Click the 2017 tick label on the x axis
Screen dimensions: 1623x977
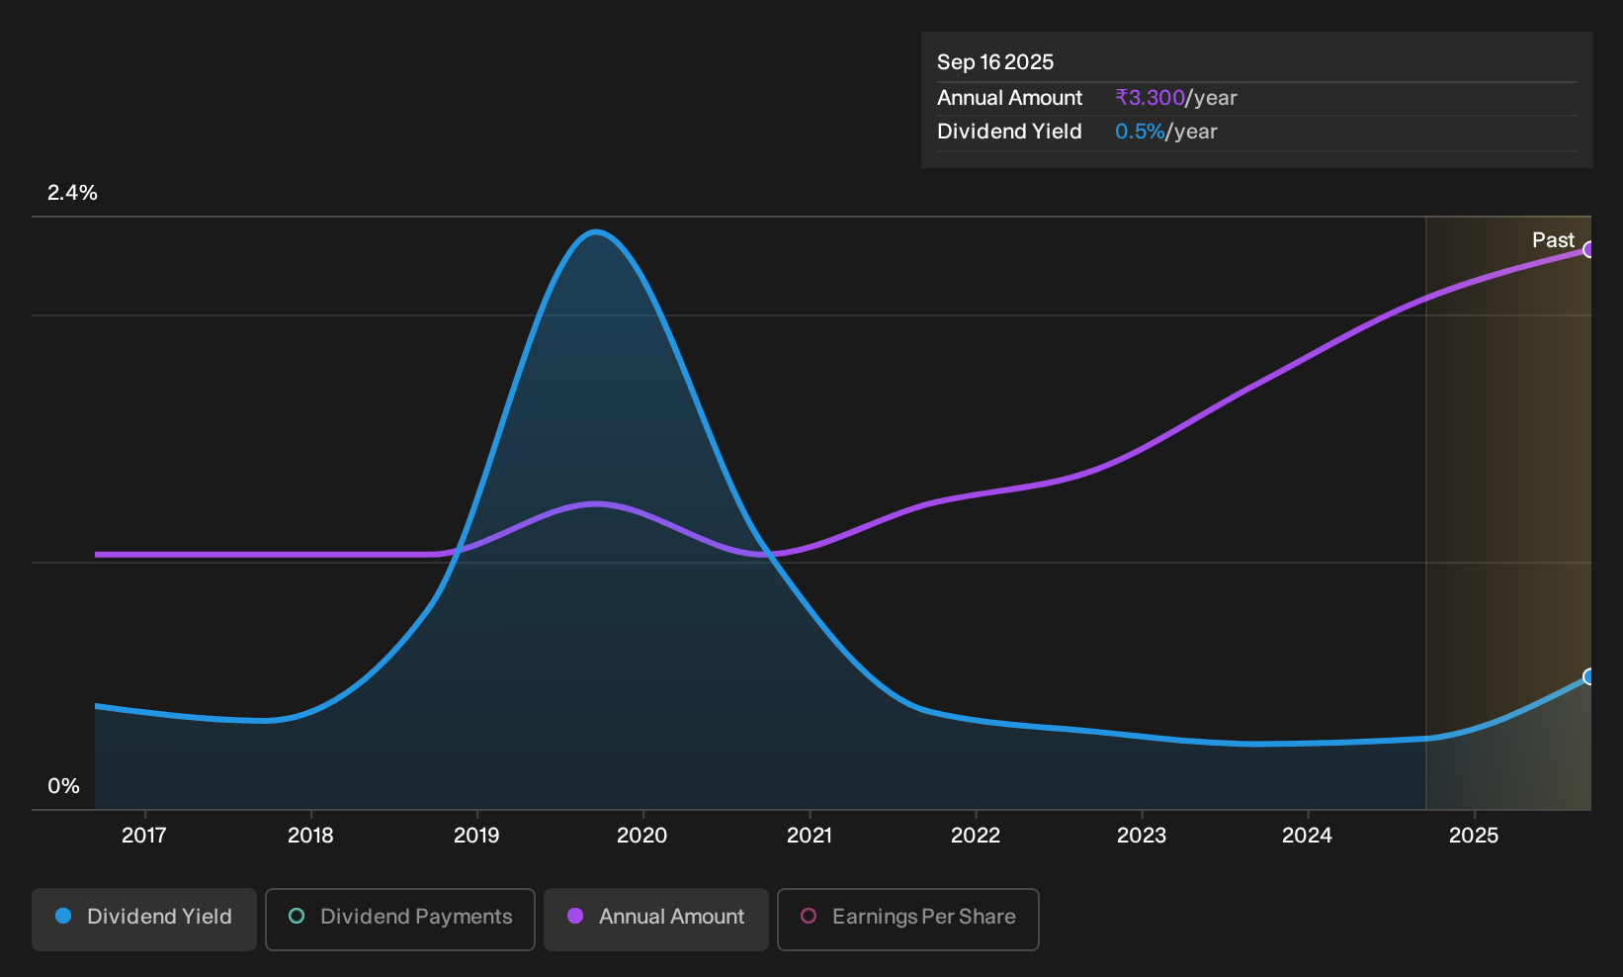[144, 836]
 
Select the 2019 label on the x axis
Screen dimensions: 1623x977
[476, 836]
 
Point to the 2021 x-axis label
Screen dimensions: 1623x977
[810, 836]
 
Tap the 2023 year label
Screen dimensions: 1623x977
[1142, 836]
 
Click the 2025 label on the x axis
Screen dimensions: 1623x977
[1474, 836]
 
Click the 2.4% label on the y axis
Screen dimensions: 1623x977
[72, 193]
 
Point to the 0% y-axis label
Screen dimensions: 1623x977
[64, 786]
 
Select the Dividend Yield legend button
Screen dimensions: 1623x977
[144, 919]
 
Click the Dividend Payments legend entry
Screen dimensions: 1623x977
[400, 919]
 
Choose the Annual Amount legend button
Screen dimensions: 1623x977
[655, 919]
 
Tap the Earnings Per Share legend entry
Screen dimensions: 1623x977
[907, 919]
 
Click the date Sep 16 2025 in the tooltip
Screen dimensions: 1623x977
[994, 62]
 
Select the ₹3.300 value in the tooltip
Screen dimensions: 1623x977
[1150, 97]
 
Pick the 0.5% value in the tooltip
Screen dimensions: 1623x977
[1140, 132]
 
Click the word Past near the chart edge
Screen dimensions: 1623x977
[1553, 240]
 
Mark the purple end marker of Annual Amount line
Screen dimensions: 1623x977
[1587, 250]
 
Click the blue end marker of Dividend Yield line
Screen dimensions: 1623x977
[1587, 677]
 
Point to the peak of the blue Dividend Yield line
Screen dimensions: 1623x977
[596, 232]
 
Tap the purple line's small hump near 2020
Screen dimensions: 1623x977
[596, 503]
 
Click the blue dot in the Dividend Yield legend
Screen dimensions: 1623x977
[64, 916]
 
